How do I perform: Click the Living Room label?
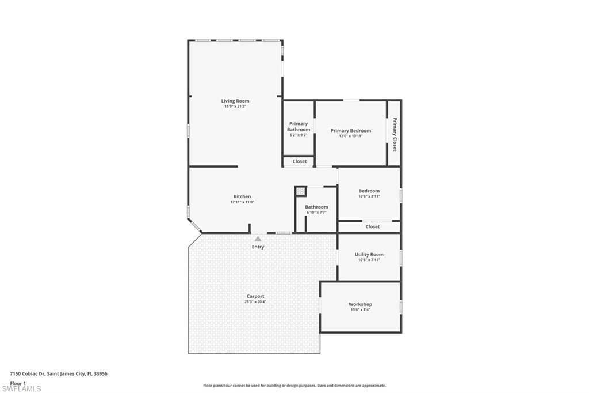235,101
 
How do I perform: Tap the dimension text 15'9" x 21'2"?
235,107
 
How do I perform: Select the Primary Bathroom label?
299,126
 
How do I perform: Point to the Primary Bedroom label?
351,131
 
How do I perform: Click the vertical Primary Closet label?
395,134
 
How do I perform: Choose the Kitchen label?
242,197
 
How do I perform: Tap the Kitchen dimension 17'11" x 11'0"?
242,202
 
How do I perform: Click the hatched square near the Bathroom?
300,191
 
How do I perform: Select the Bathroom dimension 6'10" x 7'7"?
317,213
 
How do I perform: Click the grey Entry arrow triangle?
258,239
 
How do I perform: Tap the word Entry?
258,247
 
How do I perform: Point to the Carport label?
255,296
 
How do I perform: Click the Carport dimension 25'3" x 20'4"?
255,302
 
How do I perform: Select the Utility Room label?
369,255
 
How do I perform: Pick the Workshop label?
361,304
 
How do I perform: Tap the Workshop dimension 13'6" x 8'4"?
361,310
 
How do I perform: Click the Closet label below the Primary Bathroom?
300,161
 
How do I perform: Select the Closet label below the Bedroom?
373,226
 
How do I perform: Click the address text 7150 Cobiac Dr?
28,374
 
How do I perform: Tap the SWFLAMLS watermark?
21,388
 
